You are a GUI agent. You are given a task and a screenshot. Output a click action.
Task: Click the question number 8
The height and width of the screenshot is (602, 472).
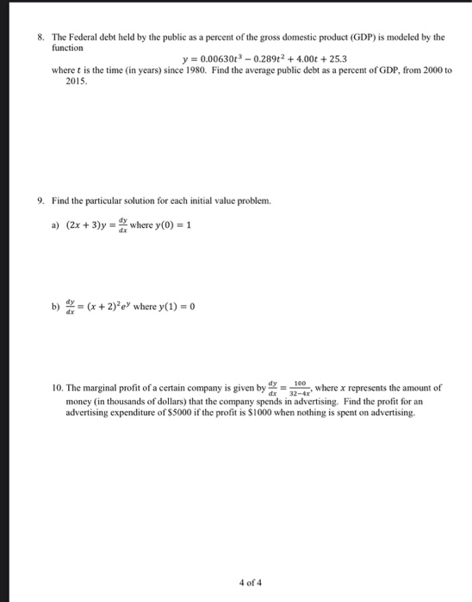pos(40,39)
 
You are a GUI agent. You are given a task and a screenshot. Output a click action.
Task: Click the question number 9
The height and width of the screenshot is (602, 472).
pos(40,200)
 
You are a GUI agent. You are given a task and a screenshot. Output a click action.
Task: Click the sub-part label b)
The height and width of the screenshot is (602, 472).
pos(55,304)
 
